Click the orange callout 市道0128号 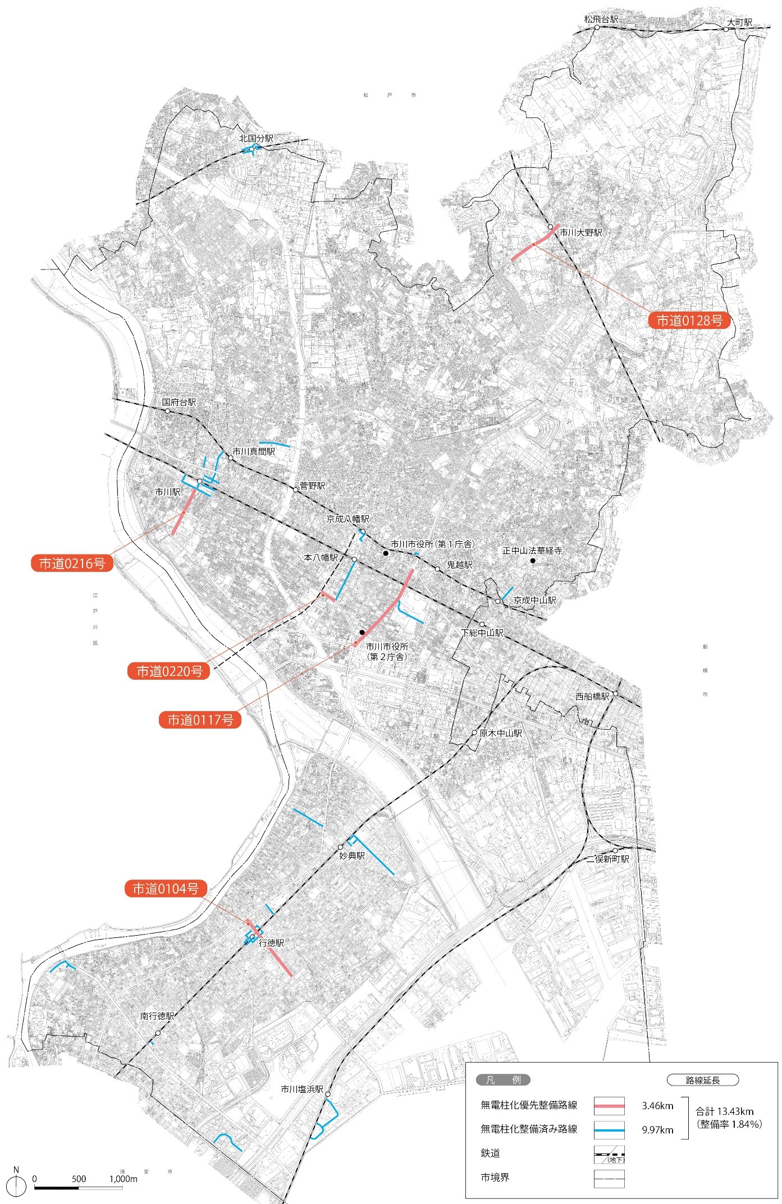(x=689, y=321)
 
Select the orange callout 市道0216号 (x=72, y=564)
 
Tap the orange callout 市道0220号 (x=169, y=671)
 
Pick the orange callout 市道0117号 (x=200, y=720)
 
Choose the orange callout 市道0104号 (x=166, y=889)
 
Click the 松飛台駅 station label (x=601, y=20)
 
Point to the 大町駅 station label (x=739, y=22)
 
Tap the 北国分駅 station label (x=256, y=138)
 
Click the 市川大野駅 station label (x=580, y=232)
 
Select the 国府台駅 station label (x=179, y=402)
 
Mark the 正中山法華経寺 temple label (x=532, y=551)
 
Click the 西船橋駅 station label (x=592, y=696)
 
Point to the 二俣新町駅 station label (x=608, y=859)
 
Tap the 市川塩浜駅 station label (x=302, y=1089)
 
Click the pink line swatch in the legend (x=609, y=1106)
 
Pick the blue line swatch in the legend (x=609, y=1129)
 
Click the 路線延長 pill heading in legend (x=702, y=1080)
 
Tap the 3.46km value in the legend (x=657, y=1106)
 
